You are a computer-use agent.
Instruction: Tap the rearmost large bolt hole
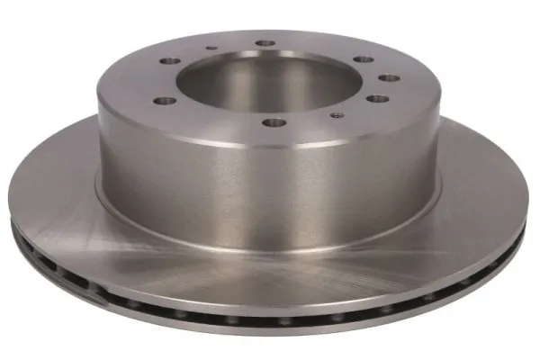(265, 43)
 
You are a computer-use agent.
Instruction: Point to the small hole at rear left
(210, 50)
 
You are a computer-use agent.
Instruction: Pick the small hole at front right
(336, 114)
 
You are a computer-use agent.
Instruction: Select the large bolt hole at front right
(377, 99)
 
